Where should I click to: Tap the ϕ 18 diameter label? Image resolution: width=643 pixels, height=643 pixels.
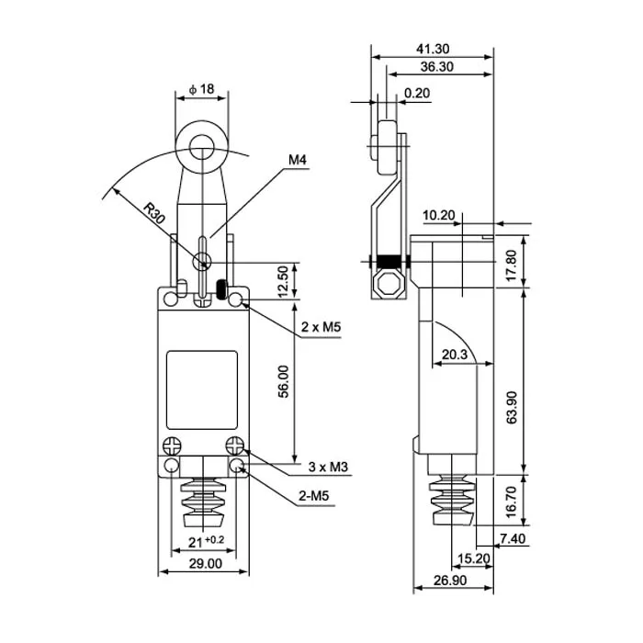(x=200, y=89)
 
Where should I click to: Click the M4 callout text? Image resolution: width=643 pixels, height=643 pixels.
(x=297, y=161)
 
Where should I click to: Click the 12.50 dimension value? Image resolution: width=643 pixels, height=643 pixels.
(x=284, y=281)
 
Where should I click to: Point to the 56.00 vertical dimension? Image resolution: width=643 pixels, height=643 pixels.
(x=284, y=382)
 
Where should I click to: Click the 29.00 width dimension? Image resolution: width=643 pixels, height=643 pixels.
(x=203, y=564)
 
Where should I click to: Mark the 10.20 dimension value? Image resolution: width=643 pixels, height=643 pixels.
(x=440, y=215)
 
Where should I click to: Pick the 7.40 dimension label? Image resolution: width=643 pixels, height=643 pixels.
(x=512, y=539)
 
